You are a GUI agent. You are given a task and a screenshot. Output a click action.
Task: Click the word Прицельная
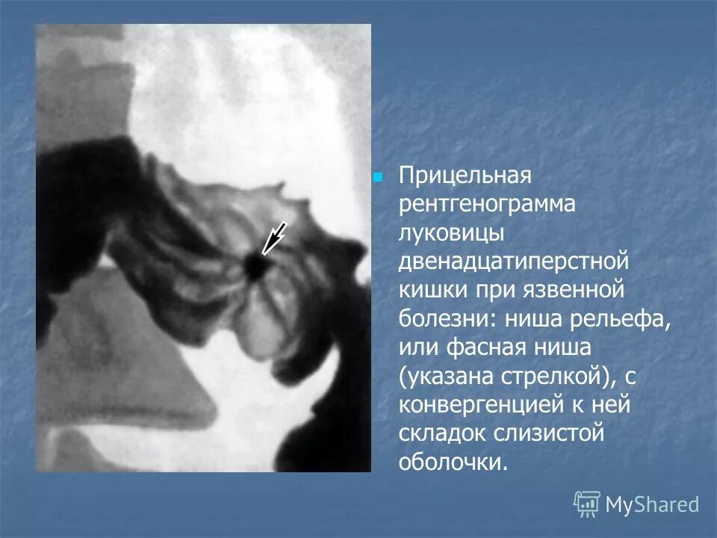pos(464,177)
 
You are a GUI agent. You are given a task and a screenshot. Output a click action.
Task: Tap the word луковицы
pos(453,233)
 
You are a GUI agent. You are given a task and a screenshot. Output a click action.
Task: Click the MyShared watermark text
pos(652,504)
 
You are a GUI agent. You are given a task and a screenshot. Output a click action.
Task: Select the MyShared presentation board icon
pos(587,504)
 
